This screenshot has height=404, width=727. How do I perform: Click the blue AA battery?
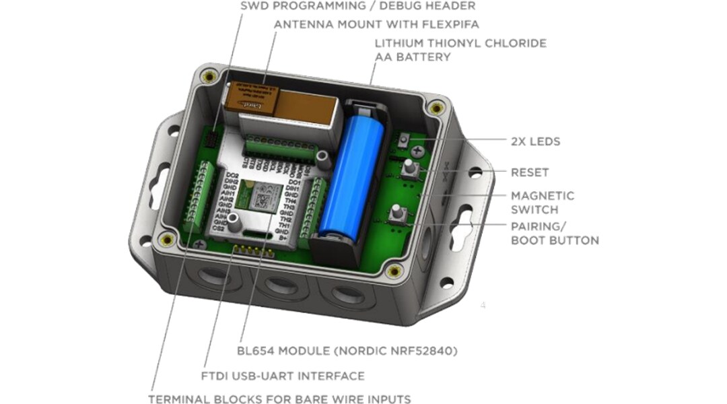click(x=354, y=175)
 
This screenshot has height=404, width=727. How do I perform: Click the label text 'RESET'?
click(x=530, y=172)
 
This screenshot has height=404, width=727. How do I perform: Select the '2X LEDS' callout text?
click(x=535, y=141)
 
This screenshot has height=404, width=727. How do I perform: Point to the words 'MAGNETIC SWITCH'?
click(x=543, y=202)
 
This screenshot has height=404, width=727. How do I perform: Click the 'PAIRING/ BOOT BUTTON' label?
click(x=554, y=233)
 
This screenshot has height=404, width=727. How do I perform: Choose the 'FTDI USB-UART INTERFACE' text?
click(x=283, y=376)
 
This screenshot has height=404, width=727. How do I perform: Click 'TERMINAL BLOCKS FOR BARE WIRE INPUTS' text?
click(x=279, y=399)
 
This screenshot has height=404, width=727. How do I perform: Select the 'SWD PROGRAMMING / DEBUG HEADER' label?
click(x=357, y=6)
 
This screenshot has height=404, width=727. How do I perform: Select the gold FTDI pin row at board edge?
click(x=254, y=252)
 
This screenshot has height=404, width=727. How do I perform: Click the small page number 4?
click(x=483, y=305)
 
